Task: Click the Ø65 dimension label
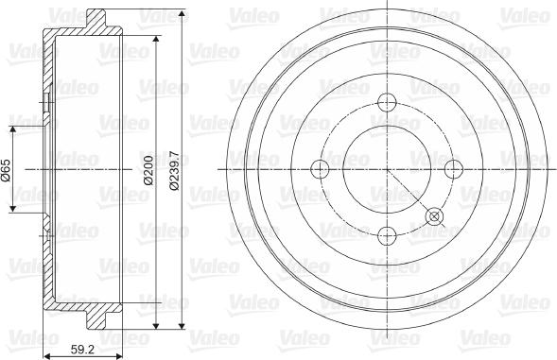[7, 169]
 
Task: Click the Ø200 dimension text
[148, 170]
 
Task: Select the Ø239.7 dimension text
[174, 171]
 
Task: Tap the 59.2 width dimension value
[82, 350]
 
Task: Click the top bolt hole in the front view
[387, 102]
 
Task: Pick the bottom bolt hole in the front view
[387, 236]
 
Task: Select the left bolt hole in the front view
[320, 169]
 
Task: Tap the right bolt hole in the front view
[454, 169]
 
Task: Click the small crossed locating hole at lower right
[434, 216]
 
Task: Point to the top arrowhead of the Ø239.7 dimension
[182, 14]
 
